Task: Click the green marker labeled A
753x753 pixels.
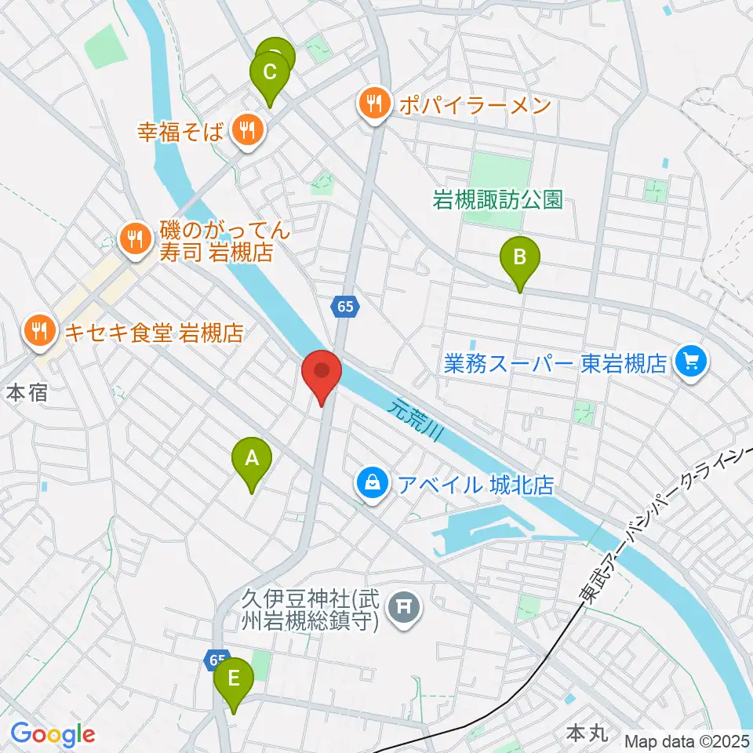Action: pos(252,460)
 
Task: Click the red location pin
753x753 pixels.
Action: pos(321,371)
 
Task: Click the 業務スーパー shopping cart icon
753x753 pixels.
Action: pos(693,362)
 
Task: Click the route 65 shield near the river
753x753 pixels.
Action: pos(345,307)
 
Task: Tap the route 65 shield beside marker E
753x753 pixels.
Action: pos(217,660)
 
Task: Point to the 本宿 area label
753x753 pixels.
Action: pos(27,393)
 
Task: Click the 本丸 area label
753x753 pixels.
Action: pos(584,734)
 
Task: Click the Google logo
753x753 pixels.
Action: pos(52,735)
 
